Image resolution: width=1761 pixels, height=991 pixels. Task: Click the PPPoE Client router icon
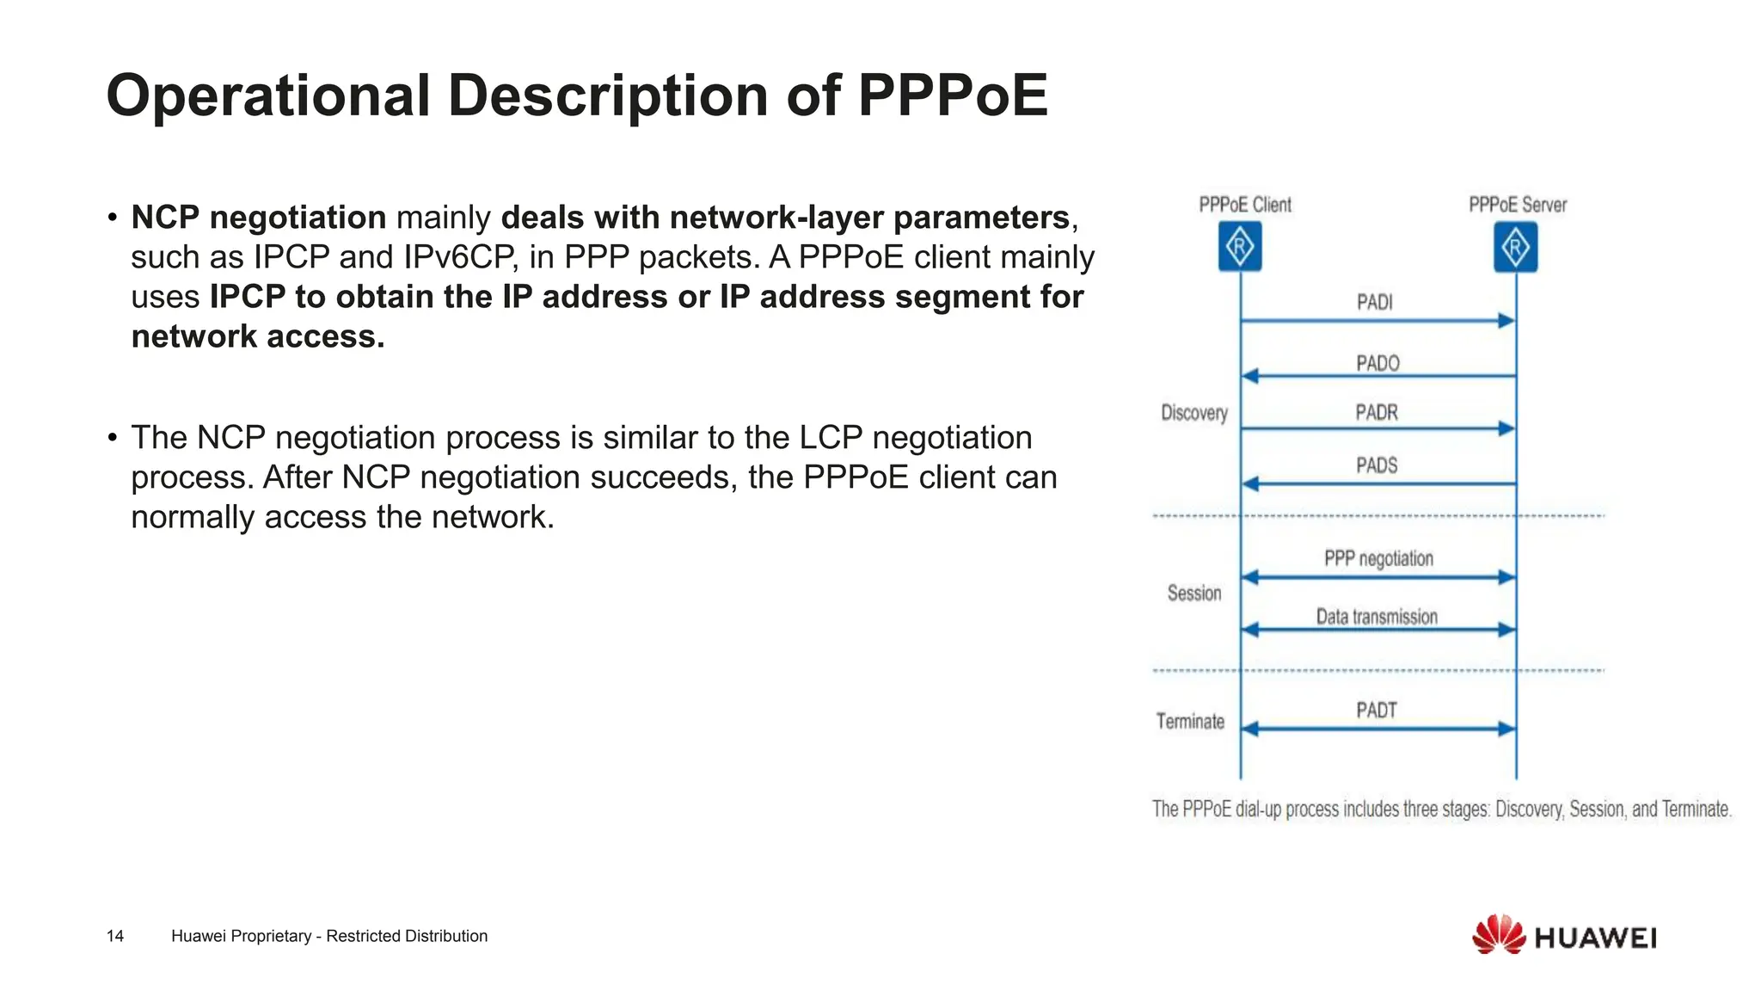[x=1240, y=247]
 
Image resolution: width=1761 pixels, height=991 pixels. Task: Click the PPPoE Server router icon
[x=1515, y=247]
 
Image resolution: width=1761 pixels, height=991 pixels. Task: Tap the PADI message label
[x=1374, y=302]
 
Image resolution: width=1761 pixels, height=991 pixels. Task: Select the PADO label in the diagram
[x=1378, y=363]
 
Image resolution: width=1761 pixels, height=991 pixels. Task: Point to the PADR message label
[x=1377, y=413]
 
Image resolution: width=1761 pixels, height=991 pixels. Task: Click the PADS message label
[x=1377, y=465]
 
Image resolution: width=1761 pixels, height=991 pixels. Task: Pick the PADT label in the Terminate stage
[x=1377, y=711]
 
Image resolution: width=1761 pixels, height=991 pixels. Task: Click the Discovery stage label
[x=1194, y=413]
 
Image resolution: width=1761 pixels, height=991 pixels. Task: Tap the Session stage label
[x=1194, y=593]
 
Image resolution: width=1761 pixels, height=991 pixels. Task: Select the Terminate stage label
[x=1190, y=721]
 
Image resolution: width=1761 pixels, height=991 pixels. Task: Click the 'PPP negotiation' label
[x=1378, y=558]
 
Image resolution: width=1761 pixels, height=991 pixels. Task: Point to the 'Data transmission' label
[x=1377, y=617]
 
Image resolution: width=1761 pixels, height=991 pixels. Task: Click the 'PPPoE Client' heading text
[x=1245, y=205]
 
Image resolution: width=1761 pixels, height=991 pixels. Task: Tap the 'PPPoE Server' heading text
[x=1518, y=205]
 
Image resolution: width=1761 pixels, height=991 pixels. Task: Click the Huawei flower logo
[x=1499, y=934]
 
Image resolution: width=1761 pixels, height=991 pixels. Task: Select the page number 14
[x=115, y=936]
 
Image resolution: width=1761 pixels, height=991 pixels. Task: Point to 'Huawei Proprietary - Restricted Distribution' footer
[x=329, y=936]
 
